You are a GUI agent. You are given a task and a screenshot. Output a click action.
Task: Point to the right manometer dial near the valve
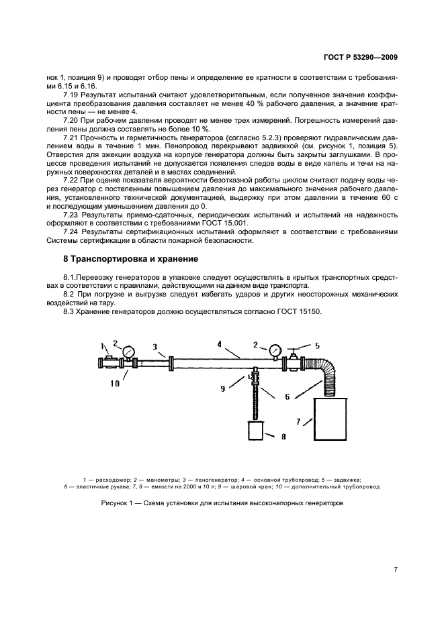(x=275, y=350)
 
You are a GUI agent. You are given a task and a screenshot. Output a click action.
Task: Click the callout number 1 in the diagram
(x=103, y=347)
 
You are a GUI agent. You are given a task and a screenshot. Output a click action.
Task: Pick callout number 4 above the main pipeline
(x=219, y=344)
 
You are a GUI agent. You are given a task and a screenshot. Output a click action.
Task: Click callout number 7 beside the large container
(x=308, y=421)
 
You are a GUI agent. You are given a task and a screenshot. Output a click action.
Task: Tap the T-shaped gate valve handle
(x=295, y=351)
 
